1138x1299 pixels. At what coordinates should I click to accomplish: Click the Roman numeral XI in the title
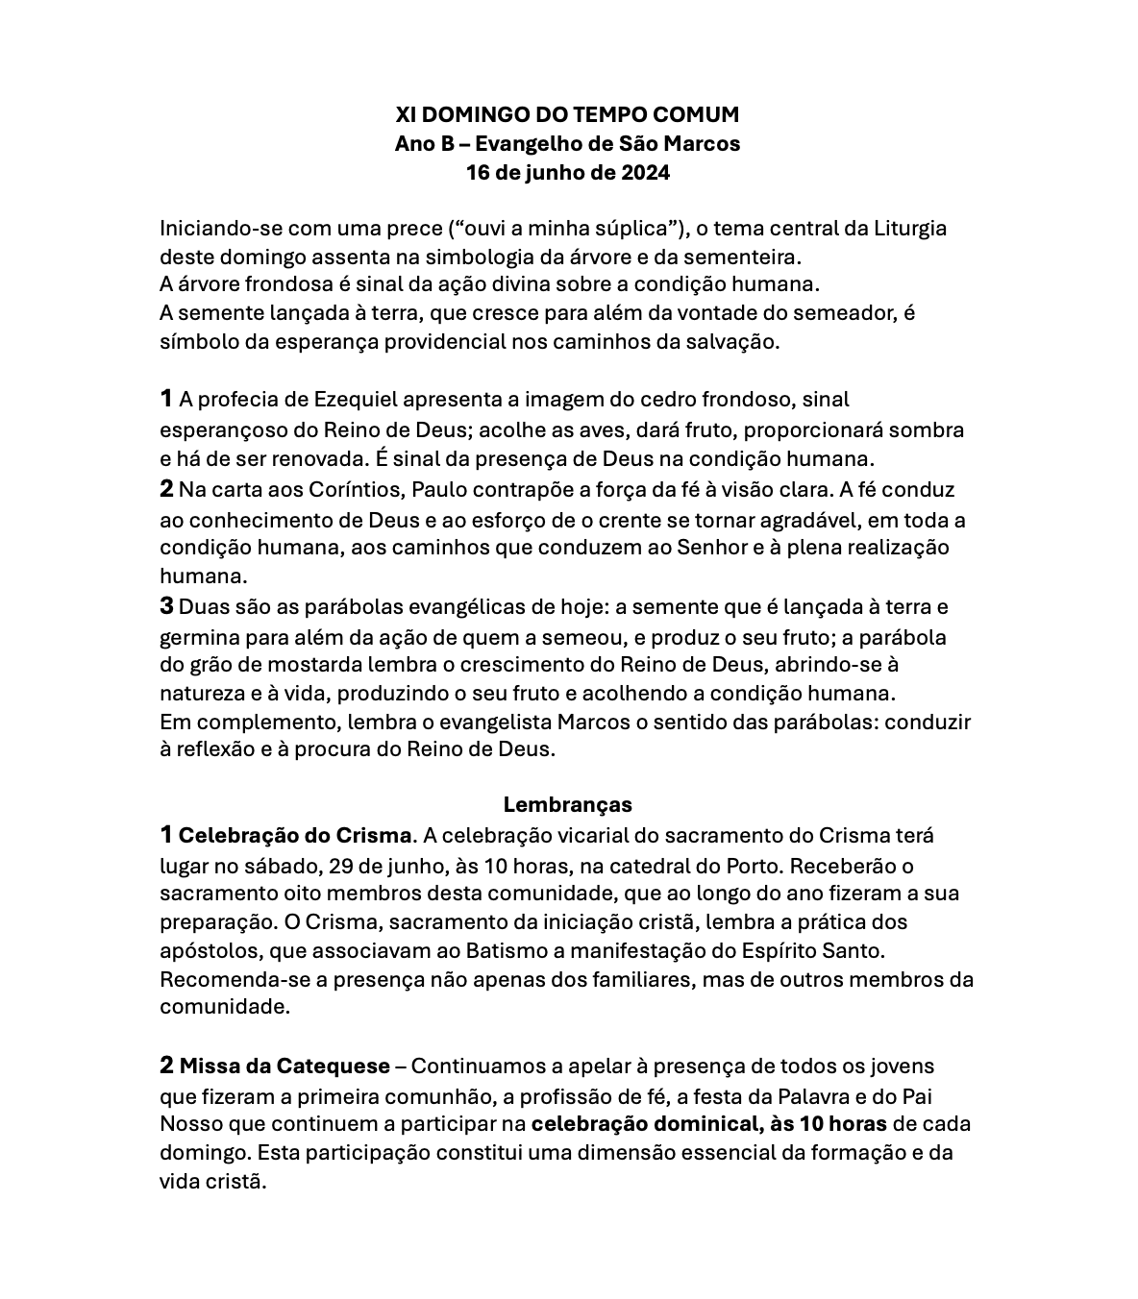[x=407, y=115]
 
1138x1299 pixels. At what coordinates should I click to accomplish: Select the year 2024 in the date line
[x=645, y=173]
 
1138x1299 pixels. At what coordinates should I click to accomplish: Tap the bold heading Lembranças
[x=567, y=804]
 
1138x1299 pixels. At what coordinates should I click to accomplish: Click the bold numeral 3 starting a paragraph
[x=167, y=606]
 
